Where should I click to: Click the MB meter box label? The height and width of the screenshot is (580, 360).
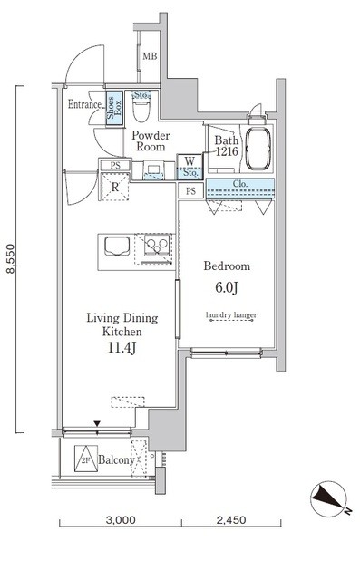tap(150, 56)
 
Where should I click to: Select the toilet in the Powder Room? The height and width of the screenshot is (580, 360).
tap(141, 106)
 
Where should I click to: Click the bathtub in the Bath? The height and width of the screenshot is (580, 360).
tap(258, 149)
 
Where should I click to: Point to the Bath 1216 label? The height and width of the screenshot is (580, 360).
tap(227, 146)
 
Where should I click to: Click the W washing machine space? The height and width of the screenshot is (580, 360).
tap(190, 167)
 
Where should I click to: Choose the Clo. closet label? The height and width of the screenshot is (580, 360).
tap(240, 183)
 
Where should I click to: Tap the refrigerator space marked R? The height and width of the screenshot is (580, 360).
tap(115, 187)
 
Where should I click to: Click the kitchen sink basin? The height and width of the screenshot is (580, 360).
tap(117, 246)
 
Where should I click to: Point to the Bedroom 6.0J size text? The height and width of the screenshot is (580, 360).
tap(227, 287)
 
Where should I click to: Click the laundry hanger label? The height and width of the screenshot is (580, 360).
tap(231, 315)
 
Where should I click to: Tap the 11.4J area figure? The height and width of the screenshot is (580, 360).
tap(122, 348)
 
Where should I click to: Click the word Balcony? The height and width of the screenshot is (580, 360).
tap(116, 460)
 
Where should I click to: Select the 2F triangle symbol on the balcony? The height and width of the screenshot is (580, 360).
tap(86, 459)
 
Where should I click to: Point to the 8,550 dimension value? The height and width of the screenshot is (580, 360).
tap(11, 258)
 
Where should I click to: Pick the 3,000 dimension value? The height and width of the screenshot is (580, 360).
tap(121, 520)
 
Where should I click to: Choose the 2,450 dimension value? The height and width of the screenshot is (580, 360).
tap(231, 520)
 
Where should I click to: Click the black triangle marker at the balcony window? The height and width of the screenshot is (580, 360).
tap(97, 423)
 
